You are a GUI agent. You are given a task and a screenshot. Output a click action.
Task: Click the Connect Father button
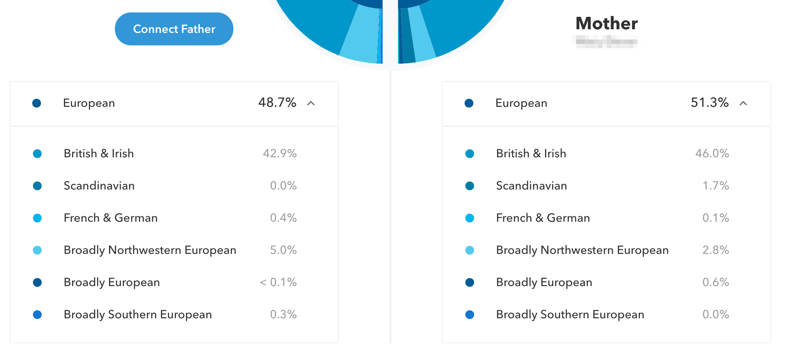click(x=174, y=29)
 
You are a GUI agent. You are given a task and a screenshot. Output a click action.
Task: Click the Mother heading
click(x=607, y=23)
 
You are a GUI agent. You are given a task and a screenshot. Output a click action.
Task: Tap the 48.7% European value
click(x=277, y=103)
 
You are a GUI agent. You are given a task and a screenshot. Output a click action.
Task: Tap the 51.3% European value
click(x=709, y=103)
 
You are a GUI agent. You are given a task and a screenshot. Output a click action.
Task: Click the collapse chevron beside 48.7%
click(x=311, y=103)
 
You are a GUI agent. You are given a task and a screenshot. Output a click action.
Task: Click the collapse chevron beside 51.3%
click(x=743, y=103)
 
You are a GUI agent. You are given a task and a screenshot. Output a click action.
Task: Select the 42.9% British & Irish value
click(x=279, y=153)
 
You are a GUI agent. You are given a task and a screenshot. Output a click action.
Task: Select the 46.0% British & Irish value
click(x=712, y=153)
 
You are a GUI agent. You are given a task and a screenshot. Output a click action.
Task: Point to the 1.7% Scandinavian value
click(x=716, y=185)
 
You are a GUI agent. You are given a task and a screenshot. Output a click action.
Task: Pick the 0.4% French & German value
click(x=283, y=218)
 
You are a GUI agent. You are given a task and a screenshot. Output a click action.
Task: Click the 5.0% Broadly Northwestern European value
click(x=283, y=250)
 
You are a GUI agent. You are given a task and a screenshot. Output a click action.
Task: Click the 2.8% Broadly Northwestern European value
click(x=716, y=250)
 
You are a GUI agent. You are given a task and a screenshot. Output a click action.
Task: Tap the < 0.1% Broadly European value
click(x=278, y=282)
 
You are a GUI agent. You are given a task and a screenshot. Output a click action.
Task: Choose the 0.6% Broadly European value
click(x=716, y=282)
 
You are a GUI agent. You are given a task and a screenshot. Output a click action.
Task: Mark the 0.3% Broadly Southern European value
click(x=283, y=314)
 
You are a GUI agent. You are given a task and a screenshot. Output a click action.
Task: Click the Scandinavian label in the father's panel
click(x=99, y=185)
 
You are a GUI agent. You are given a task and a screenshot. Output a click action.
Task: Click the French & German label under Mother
click(x=543, y=218)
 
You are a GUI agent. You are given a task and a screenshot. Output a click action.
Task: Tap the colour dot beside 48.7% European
click(x=37, y=103)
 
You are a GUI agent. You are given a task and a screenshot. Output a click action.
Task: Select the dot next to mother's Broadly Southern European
click(x=470, y=315)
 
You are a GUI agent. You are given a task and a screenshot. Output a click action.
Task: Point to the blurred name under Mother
click(x=607, y=41)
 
